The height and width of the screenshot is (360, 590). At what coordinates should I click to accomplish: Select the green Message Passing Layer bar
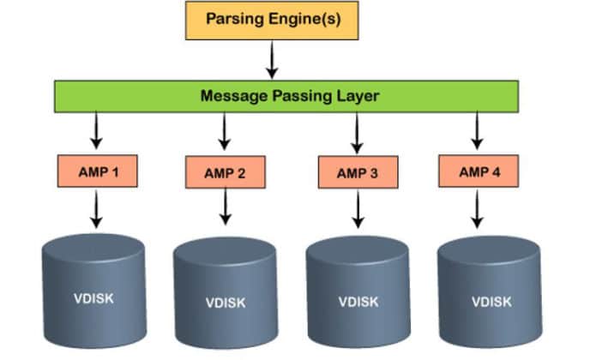286,96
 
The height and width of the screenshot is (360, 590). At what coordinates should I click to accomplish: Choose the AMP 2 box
225,173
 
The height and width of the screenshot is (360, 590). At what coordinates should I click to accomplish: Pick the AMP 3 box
357,173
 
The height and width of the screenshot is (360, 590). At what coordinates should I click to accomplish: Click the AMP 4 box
478,171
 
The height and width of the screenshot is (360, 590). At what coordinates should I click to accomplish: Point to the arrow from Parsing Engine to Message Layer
272,59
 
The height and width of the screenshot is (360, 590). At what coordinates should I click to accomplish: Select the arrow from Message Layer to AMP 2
224,132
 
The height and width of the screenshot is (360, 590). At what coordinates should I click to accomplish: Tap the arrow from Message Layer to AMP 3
356,133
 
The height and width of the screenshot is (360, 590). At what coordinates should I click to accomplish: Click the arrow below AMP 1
96,209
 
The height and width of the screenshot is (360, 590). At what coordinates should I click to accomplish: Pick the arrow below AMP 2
226,209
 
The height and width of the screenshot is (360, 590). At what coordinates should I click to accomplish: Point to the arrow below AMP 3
358,209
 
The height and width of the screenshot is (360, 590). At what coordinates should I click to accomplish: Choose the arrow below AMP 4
477,208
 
